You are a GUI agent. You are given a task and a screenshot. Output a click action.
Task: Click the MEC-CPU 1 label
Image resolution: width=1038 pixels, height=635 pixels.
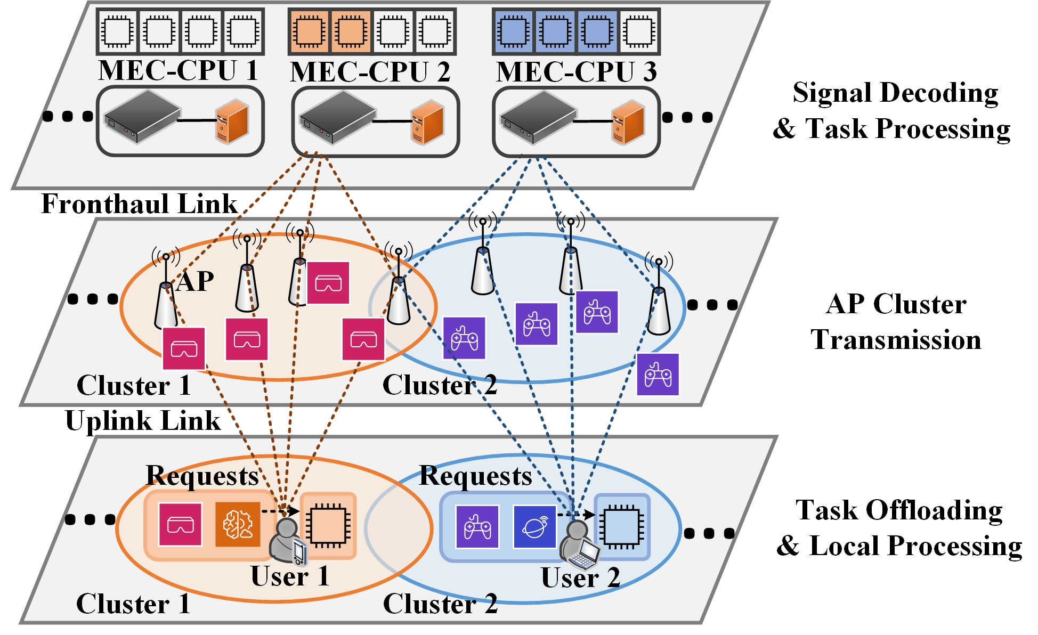tap(178, 71)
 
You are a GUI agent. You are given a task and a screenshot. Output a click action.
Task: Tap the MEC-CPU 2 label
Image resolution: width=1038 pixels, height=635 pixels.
tap(370, 72)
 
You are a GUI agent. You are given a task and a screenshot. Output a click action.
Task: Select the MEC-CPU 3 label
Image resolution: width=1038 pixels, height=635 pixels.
tap(576, 72)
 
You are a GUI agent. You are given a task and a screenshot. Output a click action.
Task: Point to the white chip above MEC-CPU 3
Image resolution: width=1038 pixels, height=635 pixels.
tap(639, 31)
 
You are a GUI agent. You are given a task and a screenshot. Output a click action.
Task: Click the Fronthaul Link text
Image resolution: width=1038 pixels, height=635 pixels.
tap(139, 204)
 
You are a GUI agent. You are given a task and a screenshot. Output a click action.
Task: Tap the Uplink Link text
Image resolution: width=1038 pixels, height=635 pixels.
tap(142, 421)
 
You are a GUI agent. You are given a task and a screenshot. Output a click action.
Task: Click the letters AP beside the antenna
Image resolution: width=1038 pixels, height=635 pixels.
tap(195, 281)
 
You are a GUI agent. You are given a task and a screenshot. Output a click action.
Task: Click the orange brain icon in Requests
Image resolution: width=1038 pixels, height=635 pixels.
tap(238, 525)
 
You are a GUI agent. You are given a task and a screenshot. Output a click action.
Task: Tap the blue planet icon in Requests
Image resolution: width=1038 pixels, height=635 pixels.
tap(534, 527)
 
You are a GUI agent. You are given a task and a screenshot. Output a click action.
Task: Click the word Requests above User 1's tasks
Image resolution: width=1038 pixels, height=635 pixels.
tap(202, 476)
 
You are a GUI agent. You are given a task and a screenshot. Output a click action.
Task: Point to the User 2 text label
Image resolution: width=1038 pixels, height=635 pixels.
tap(580, 577)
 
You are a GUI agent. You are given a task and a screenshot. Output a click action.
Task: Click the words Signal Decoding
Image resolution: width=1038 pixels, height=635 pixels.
tap(895, 93)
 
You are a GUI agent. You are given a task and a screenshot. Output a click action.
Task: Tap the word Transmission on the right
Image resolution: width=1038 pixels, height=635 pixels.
tap(896, 340)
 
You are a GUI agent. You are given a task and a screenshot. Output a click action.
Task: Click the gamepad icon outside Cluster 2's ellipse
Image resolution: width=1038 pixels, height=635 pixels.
tap(658, 375)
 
